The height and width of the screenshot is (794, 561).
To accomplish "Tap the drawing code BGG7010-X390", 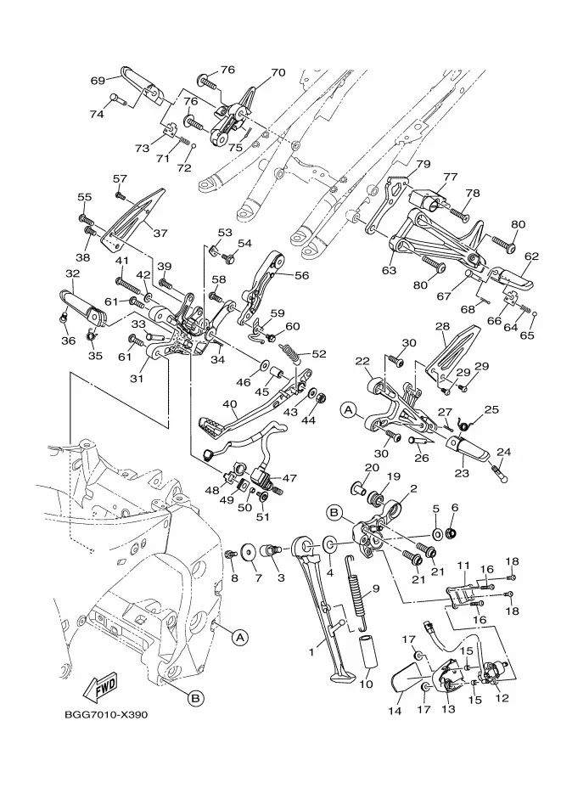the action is pyautogui.click(x=106, y=715).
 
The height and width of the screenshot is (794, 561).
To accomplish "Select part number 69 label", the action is pyautogui.click(x=98, y=81).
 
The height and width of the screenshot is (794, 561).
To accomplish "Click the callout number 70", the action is pyautogui.click(x=278, y=72).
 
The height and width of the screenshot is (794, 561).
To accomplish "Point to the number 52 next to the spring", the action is pyautogui.click(x=319, y=354).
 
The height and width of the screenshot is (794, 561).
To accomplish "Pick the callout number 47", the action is pyautogui.click(x=289, y=477).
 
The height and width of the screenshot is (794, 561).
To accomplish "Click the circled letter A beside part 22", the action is pyautogui.click(x=347, y=411).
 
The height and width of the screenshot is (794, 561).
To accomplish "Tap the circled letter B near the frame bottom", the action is pyautogui.click(x=196, y=699).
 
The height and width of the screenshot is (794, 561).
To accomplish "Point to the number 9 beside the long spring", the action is pyautogui.click(x=376, y=588).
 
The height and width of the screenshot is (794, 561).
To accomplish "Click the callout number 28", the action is pyautogui.click(x=443, y=327).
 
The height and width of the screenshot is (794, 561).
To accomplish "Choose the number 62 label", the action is pyautogui.click(x=531, y=256).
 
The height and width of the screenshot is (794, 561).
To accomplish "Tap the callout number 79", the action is pyautogui.click(x=423, y=164).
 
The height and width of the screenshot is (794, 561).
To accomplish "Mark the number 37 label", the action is pyautogui.click(x=160, y=233).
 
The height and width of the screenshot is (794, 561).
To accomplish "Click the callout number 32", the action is pyautogui.click(x=73, y=274).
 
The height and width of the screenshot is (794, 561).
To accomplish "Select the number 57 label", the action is pyautogui.click(x=120, y=178).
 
